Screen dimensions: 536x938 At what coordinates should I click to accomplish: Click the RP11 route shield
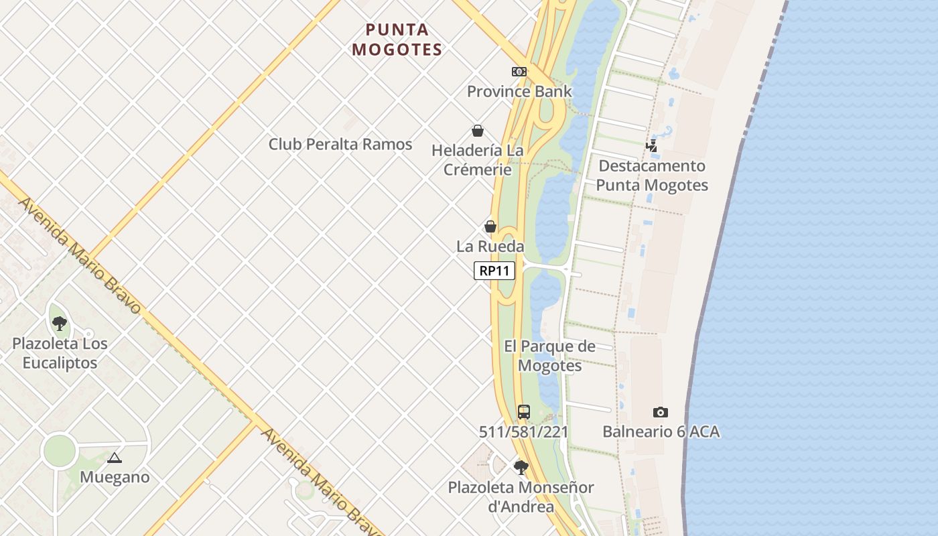(494, 271)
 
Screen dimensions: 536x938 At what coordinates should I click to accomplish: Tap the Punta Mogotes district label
(397, 40)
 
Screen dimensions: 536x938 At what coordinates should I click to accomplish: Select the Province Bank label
(519, 91)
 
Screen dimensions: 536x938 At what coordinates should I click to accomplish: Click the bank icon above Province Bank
(519, 72)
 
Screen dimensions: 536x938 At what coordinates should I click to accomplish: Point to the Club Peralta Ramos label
(340, 144)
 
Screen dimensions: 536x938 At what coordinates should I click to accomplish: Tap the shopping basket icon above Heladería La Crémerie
(478, 131)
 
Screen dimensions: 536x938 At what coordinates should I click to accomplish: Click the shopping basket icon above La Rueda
(490, 226)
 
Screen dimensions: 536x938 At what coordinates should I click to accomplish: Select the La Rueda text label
(490, 247)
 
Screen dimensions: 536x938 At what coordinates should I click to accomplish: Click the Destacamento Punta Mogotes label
(652, 176)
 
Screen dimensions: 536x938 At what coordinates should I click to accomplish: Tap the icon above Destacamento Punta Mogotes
(651, 145)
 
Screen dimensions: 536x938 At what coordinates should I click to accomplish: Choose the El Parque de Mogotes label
(549, 356)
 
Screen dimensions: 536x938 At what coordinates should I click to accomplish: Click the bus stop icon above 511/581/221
(524, 412)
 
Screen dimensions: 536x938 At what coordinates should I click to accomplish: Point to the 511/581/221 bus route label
(524, 432)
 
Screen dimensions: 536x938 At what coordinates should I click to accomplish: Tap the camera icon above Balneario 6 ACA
(661, 412)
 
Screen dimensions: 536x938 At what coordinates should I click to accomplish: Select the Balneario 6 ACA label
(661, 432)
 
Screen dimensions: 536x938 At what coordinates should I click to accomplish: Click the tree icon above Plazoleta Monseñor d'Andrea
(521, 467)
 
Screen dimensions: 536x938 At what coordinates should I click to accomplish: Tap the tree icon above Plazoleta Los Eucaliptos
(60, 324)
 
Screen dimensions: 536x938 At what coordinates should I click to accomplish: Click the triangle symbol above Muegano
(115, 458)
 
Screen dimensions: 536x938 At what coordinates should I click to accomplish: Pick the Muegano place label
(115, 478)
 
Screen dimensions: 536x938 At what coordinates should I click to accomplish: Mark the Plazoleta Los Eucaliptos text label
(60, 353)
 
